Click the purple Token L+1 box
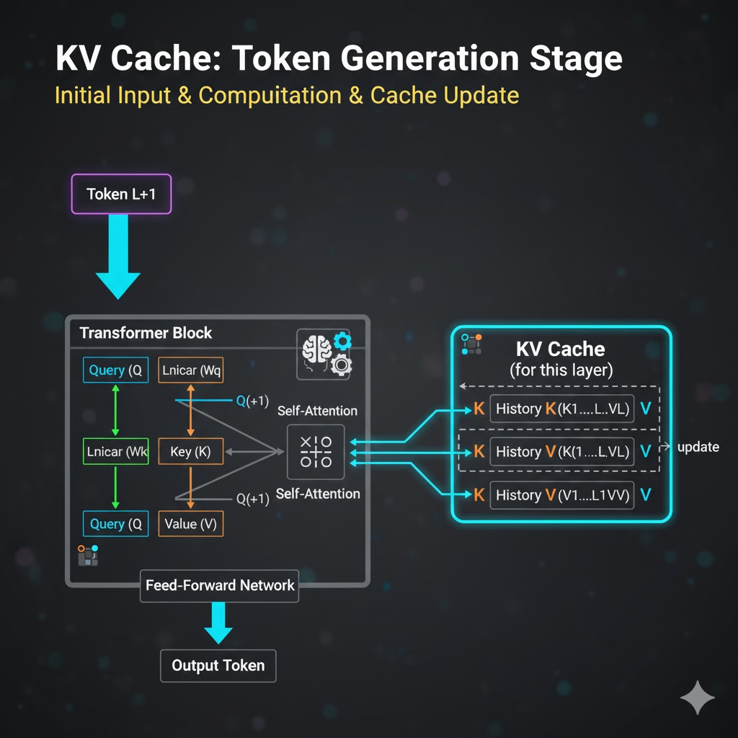tap(121, 194)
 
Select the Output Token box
tap(218, 665)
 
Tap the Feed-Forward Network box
tap(220, 584)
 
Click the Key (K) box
tap(190, 453)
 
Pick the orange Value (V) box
tap(190, 524)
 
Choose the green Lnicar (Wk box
tap(115, 453)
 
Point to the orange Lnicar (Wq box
tap(190, 371)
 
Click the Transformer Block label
tap(146, 333)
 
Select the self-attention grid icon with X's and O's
tap(316, 452)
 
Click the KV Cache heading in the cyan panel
tap(560, 350)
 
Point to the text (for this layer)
tap(560, 370)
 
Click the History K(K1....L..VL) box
tap(562, 409)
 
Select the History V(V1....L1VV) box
tap(562, 495)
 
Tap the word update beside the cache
tap(698, 447)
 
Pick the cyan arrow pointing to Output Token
tap(218, 621)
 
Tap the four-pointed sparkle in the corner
tap(697, 698)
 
